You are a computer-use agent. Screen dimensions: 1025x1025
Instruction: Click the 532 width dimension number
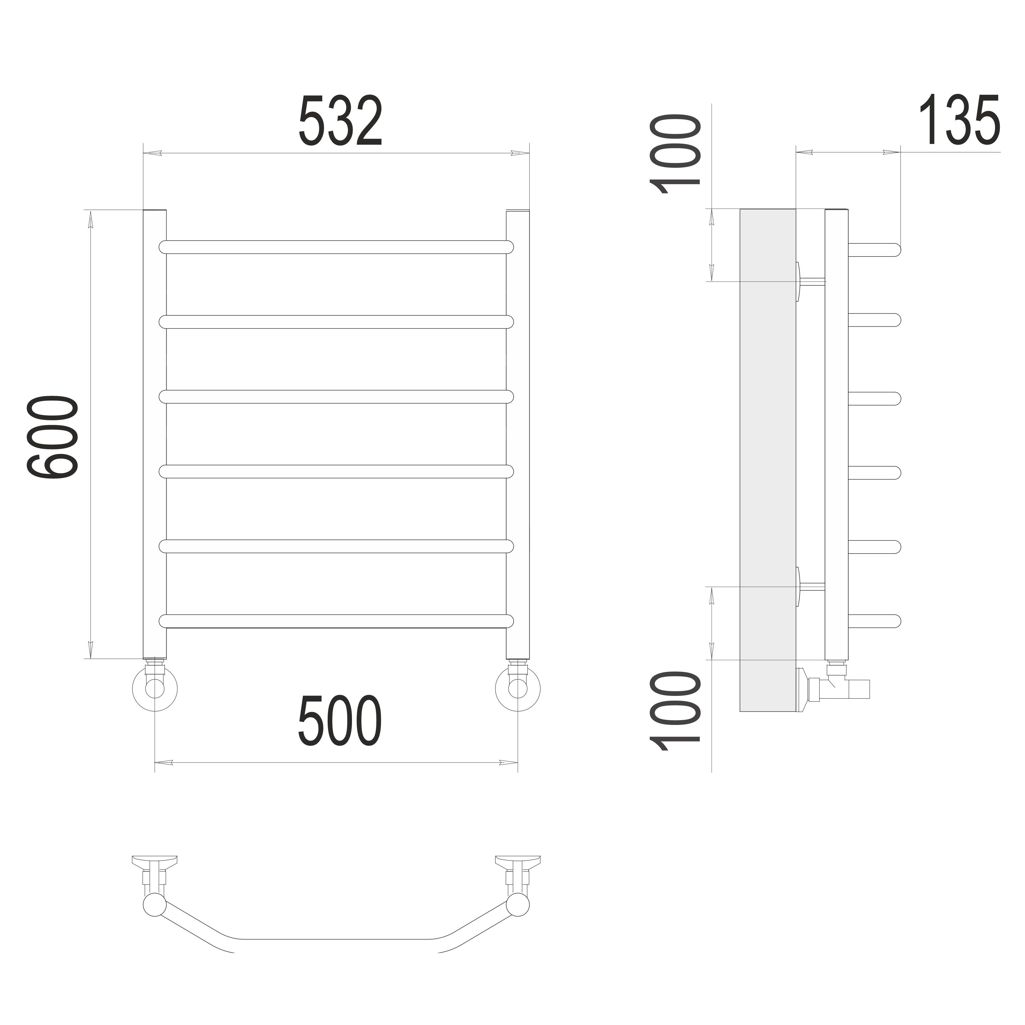341,121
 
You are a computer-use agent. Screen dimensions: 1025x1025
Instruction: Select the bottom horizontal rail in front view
336,621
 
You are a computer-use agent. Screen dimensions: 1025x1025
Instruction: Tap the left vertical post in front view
155,434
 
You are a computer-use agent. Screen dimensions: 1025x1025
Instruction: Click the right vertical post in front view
518,434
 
